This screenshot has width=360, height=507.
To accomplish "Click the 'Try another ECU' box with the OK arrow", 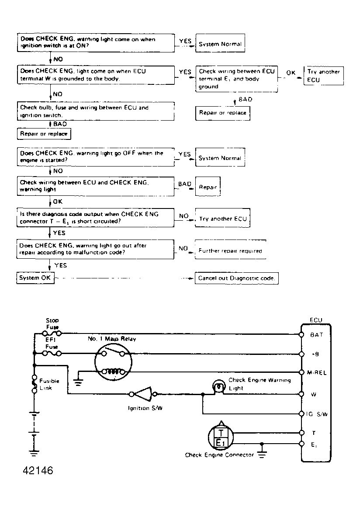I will (323, 76).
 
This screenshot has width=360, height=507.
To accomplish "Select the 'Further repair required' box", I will (230, 250).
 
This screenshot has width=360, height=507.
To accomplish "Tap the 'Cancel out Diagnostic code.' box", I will (236, 278).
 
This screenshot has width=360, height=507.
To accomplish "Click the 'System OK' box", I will (35, 278).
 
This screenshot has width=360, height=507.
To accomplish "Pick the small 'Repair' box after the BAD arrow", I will (208, 187).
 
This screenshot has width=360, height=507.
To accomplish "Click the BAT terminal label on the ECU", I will (316, 335).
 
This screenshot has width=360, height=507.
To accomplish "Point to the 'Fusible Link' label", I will (49, 384).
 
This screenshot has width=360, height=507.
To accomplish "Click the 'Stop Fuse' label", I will (52, 324).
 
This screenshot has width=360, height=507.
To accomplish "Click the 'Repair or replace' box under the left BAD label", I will (44, 134).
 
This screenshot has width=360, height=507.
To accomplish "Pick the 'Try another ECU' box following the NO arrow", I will (223, 219).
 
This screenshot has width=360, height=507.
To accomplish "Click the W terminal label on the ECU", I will (314, 394).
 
